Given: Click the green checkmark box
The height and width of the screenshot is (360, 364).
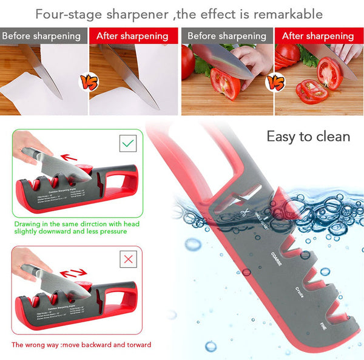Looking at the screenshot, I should (128, 144).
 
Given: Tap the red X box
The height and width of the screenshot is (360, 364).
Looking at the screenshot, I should (128, 260).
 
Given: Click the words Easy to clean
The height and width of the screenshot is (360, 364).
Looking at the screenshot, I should (308, 137).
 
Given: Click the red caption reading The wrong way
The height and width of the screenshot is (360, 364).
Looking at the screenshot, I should (81, 345).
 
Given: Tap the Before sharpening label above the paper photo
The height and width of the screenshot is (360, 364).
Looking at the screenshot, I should (41, 36).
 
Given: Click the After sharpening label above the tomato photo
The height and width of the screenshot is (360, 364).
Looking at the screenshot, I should (319, 36).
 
